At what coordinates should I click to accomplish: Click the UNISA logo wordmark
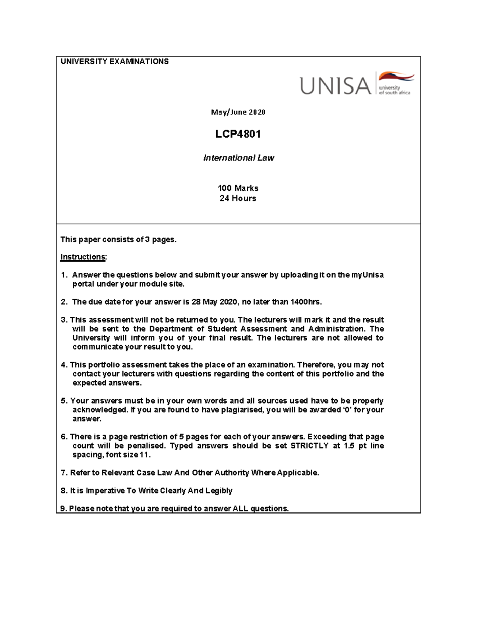click(x=335, y=86)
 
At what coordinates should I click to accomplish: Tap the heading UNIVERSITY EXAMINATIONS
click(x=114, y=61)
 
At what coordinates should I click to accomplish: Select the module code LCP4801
click(x=238, y=134)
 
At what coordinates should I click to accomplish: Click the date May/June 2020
click(x=238, y=112)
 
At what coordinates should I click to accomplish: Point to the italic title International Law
click(x=238, y=158)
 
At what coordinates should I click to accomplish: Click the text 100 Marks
click(x=238, y=188)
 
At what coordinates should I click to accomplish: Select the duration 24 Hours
click(x=238, y=198)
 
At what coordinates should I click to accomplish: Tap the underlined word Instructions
click(x=83, y=257)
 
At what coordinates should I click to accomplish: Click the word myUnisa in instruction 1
click(x=367, y=275)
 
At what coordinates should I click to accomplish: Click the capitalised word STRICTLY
click(x=309, y=446)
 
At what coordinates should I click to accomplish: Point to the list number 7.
click(x=63, y=473)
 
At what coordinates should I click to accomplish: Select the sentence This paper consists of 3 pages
click(x=118, y=240)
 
